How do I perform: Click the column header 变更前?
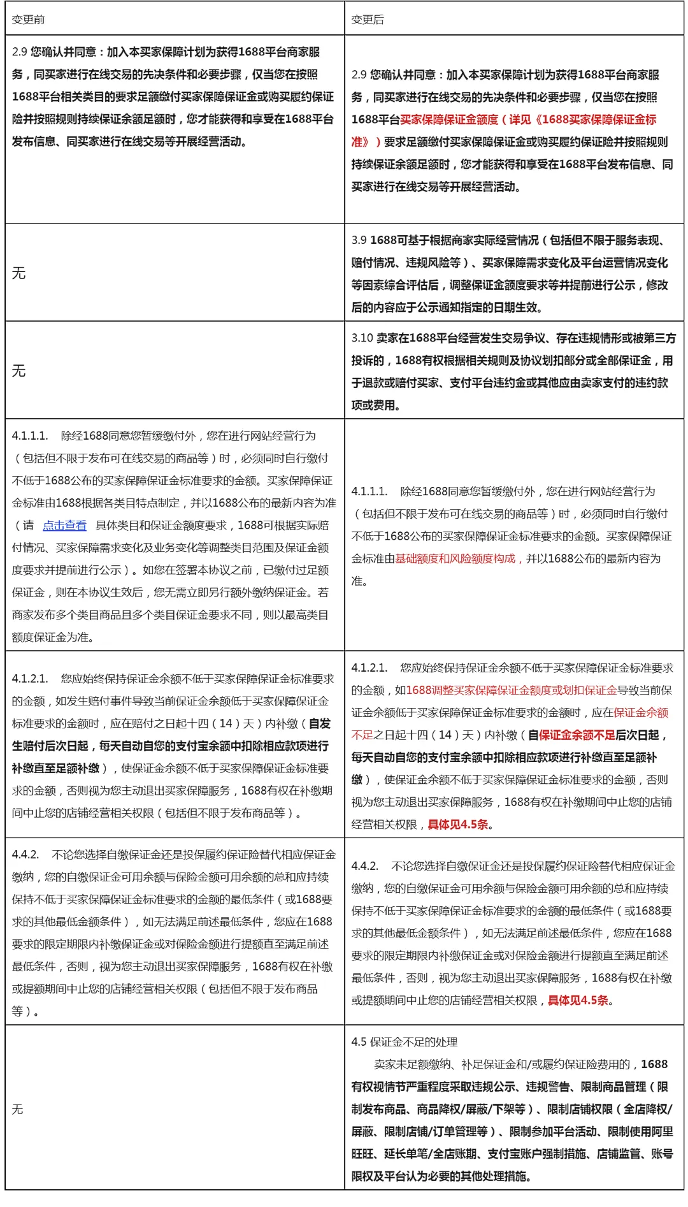pos(28,20)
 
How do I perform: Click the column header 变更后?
pos(368,20)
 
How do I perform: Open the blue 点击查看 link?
pos(64,525)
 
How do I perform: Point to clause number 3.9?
pos(359,240)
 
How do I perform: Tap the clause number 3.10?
pos(362,338)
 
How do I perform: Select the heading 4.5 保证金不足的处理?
pos(405,1042)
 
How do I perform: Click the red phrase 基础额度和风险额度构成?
pos(455,558)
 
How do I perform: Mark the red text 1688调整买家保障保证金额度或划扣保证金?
pos(511,690)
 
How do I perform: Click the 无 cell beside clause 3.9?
pos(19,273)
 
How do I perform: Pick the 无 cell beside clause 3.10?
pos(19,371)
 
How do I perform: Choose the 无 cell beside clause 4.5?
pos(18,1109)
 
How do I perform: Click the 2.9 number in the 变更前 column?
pos(19,52)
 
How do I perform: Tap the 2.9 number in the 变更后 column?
pos(359,75)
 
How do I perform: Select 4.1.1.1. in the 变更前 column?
pos(30,436)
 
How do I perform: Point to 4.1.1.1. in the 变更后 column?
pos(369,491)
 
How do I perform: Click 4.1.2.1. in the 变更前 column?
pos(30,679)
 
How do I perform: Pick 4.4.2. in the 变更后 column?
pos(365,866)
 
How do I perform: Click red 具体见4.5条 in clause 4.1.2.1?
pos(457,825)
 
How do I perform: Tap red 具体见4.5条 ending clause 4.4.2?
pos(578,1001)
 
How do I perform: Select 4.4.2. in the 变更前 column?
pos(25,855)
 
